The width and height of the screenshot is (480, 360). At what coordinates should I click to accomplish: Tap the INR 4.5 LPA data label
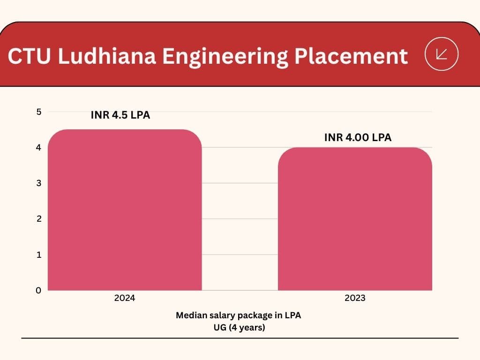pyautogui.click(x=120, y=115)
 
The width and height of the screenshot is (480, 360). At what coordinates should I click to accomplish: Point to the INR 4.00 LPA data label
pyautogui.click(x=358, y=138)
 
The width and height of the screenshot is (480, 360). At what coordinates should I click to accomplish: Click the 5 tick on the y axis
pyautogui.click(x=39, y=112)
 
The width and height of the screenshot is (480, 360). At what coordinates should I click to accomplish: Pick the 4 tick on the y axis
pyautogui.click(x=39, y=147)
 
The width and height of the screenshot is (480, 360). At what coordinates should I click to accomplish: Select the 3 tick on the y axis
pyautogui.click(x=39, y=183)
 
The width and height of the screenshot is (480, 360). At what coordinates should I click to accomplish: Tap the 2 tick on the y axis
pyautogui.click(x=39, y=218)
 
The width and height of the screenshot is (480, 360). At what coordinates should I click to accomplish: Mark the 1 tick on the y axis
pyautogui.click(x=39, y=255)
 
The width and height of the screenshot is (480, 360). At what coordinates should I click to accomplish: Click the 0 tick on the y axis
pyautogui.click(x=39, y=290)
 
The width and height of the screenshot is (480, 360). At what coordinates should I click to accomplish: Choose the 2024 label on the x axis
pyautogui.click(x=125, y=298)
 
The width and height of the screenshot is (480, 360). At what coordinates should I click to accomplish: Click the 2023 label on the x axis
pyautogui.click(x=355, y=298)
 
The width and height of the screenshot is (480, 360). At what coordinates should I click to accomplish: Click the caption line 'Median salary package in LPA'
pyautogui.click(x=239, y=315)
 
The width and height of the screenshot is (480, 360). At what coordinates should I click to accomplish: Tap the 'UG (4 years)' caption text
pyautogui.click(x=239, y=327)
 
